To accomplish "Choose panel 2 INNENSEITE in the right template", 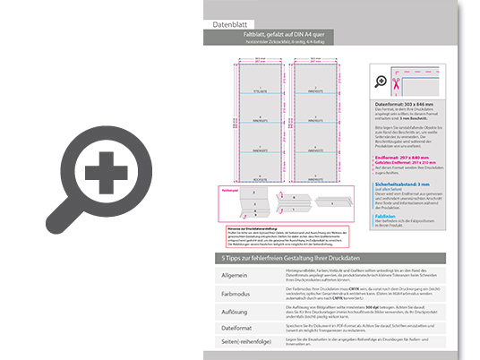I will (x=313, y=90).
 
